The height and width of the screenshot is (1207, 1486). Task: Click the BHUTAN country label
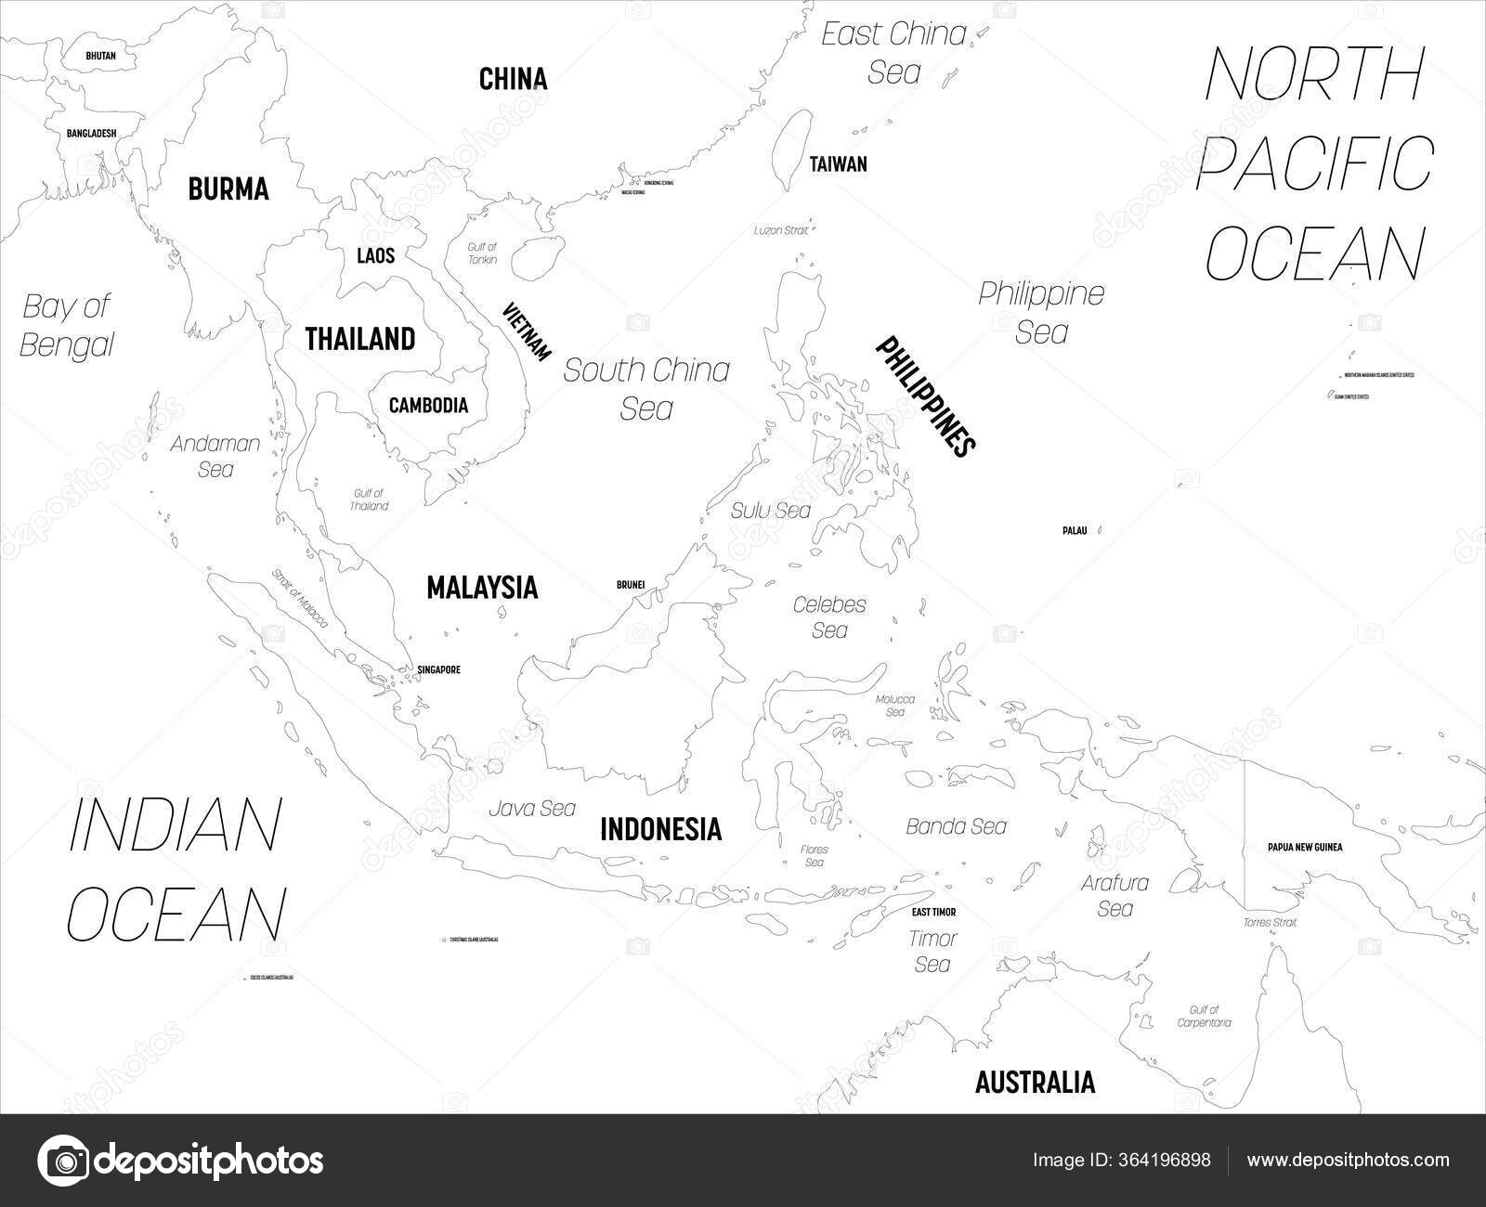click(x=100, y=56)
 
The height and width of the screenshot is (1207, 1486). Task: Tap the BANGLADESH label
click(x=91, y=133)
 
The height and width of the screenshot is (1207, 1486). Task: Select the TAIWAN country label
click(x=838, y=164)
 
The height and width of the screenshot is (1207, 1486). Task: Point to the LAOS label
click(x=375, y=255)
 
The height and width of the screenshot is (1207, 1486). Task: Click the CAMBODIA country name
click(x=428, y=405)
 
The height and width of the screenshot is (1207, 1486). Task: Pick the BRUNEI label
click(x=631, y=585)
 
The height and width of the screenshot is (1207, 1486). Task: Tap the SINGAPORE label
click(x=438, y=669)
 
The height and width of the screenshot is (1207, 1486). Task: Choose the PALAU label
click(x=1074, y=531)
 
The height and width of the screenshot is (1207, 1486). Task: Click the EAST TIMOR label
click(x=933, y=913)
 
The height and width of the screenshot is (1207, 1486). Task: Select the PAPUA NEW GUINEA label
click(x=1305, y=847)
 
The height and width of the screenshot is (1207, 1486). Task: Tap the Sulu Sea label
click(x=770, y=510)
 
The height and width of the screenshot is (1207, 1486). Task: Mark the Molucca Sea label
click(x=895, y=706)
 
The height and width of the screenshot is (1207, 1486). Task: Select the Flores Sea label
click(x=815, y=856)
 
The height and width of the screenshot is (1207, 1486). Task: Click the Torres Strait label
click(x=1270, y=922)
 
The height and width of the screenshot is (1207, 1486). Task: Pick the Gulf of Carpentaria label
click(x=1203, y=1016)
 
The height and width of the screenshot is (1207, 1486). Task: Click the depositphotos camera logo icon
click(x=63, y=1161)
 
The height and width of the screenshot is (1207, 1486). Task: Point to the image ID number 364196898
click(x=1167, y=1160)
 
